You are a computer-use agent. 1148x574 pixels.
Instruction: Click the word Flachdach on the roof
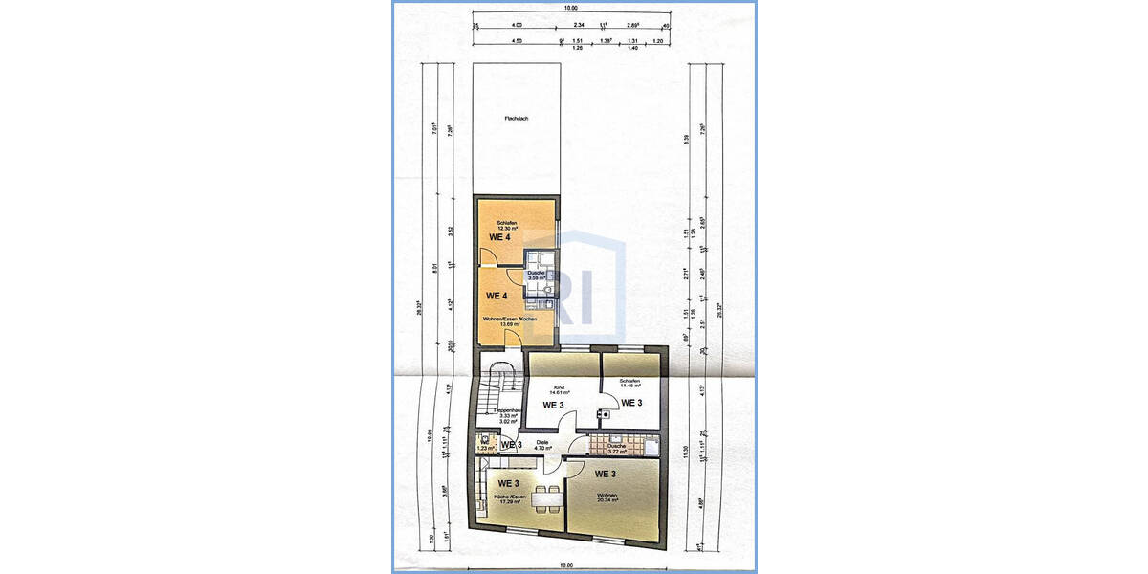(x=517, y=119)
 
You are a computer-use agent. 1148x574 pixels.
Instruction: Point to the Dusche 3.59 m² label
(x=536, y=276)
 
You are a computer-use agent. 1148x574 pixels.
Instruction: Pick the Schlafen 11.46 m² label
(x=629, y=383)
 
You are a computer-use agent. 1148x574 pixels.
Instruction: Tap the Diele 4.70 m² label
(x=542, y=445)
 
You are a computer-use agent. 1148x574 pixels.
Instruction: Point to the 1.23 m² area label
(x=487, y=447)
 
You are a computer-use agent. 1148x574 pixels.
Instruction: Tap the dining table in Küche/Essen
(x=546, y=497)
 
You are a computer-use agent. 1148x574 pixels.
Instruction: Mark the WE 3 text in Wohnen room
(x=606, y=474)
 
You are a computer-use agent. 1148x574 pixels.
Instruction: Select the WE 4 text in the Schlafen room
(x=499, y=236)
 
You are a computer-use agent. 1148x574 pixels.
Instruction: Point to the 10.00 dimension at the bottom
(x=567, y=565)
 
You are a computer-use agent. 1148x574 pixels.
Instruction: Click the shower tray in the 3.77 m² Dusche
(x=651, y=445)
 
